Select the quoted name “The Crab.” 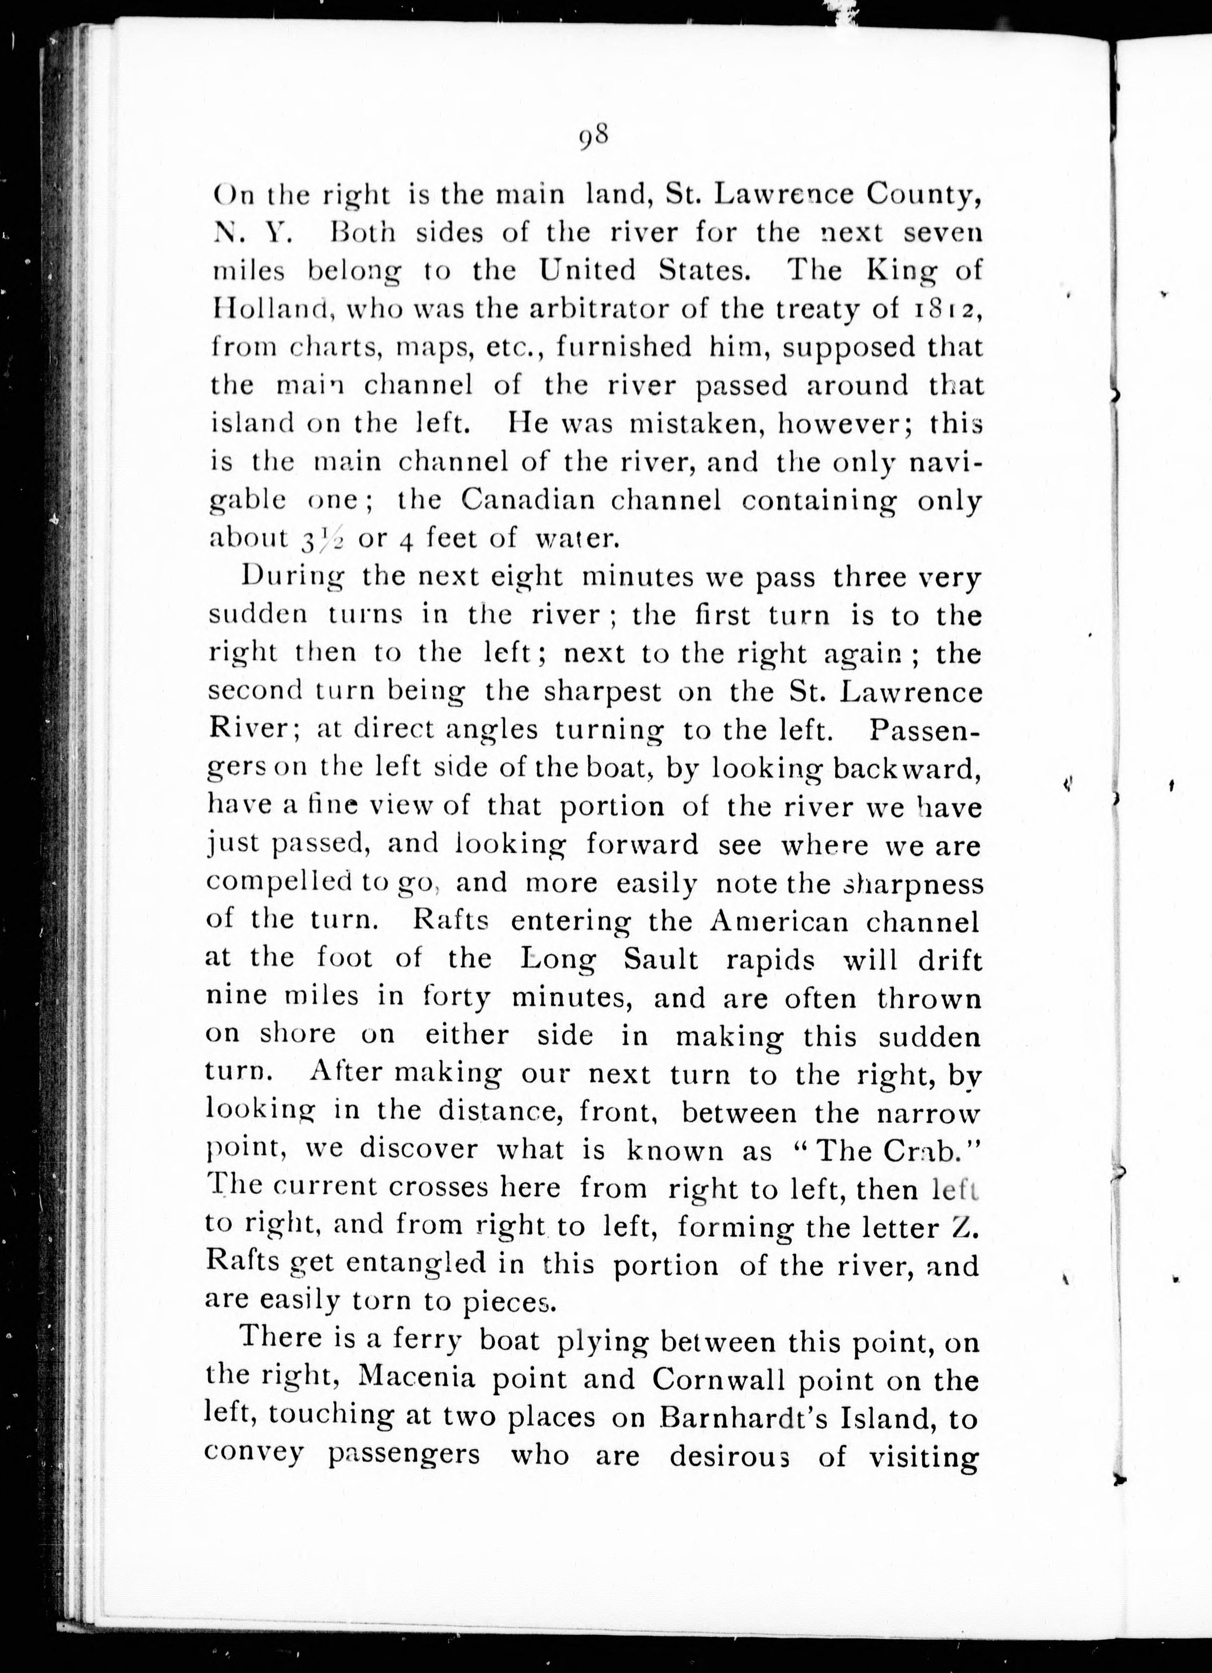886,1151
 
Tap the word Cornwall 709,1378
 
